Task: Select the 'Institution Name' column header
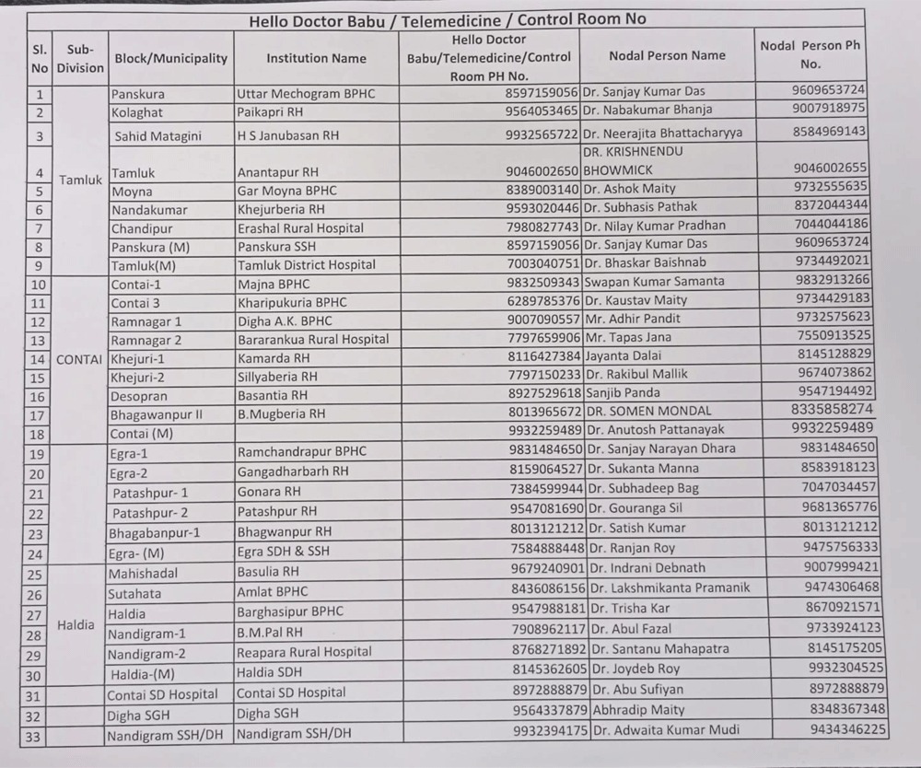(x=316, y=59)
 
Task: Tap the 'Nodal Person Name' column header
(x=667, y=55)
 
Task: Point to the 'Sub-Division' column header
(x=80, y=58)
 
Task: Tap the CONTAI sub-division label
(x=79, y=359)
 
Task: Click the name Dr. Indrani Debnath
(x=647, y=568)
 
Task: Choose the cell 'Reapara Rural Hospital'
(x=304, y=652)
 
